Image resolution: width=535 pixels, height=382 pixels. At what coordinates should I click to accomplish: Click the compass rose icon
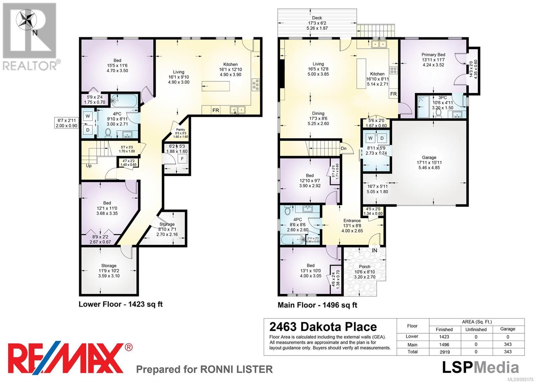coord(26,20)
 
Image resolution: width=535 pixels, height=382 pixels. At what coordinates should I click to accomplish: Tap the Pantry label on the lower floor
coord(181,129)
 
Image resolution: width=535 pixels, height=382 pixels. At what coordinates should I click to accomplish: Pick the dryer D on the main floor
coord(382,138)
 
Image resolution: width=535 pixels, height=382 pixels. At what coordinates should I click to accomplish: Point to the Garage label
coord(429,158)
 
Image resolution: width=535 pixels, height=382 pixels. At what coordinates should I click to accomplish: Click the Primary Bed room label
coord(433,55)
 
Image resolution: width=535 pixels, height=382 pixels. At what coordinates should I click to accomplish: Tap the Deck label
coord(317,18)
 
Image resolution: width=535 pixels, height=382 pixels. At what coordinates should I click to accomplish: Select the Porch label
coord(365,267)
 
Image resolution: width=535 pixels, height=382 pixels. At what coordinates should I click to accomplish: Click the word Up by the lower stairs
coord(89,166)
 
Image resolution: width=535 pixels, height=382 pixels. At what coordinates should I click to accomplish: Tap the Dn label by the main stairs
coord(343,149)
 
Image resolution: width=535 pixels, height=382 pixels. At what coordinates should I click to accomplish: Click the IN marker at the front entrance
coord(374,250)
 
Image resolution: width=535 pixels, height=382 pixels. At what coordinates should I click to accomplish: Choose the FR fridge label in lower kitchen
coord(216,110)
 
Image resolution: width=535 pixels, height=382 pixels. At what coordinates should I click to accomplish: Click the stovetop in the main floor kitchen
coord(393,70)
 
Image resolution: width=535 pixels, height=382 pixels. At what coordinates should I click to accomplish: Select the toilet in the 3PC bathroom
coord(438,113)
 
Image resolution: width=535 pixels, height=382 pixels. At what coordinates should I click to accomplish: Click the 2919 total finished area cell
coord(444,352)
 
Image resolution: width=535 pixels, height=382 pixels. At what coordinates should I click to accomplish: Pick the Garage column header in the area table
coord(508,329)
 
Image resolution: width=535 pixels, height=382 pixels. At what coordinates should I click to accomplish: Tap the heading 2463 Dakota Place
coord(323,327)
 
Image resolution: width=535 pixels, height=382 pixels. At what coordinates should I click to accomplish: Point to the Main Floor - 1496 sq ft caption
coord(317,305)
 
